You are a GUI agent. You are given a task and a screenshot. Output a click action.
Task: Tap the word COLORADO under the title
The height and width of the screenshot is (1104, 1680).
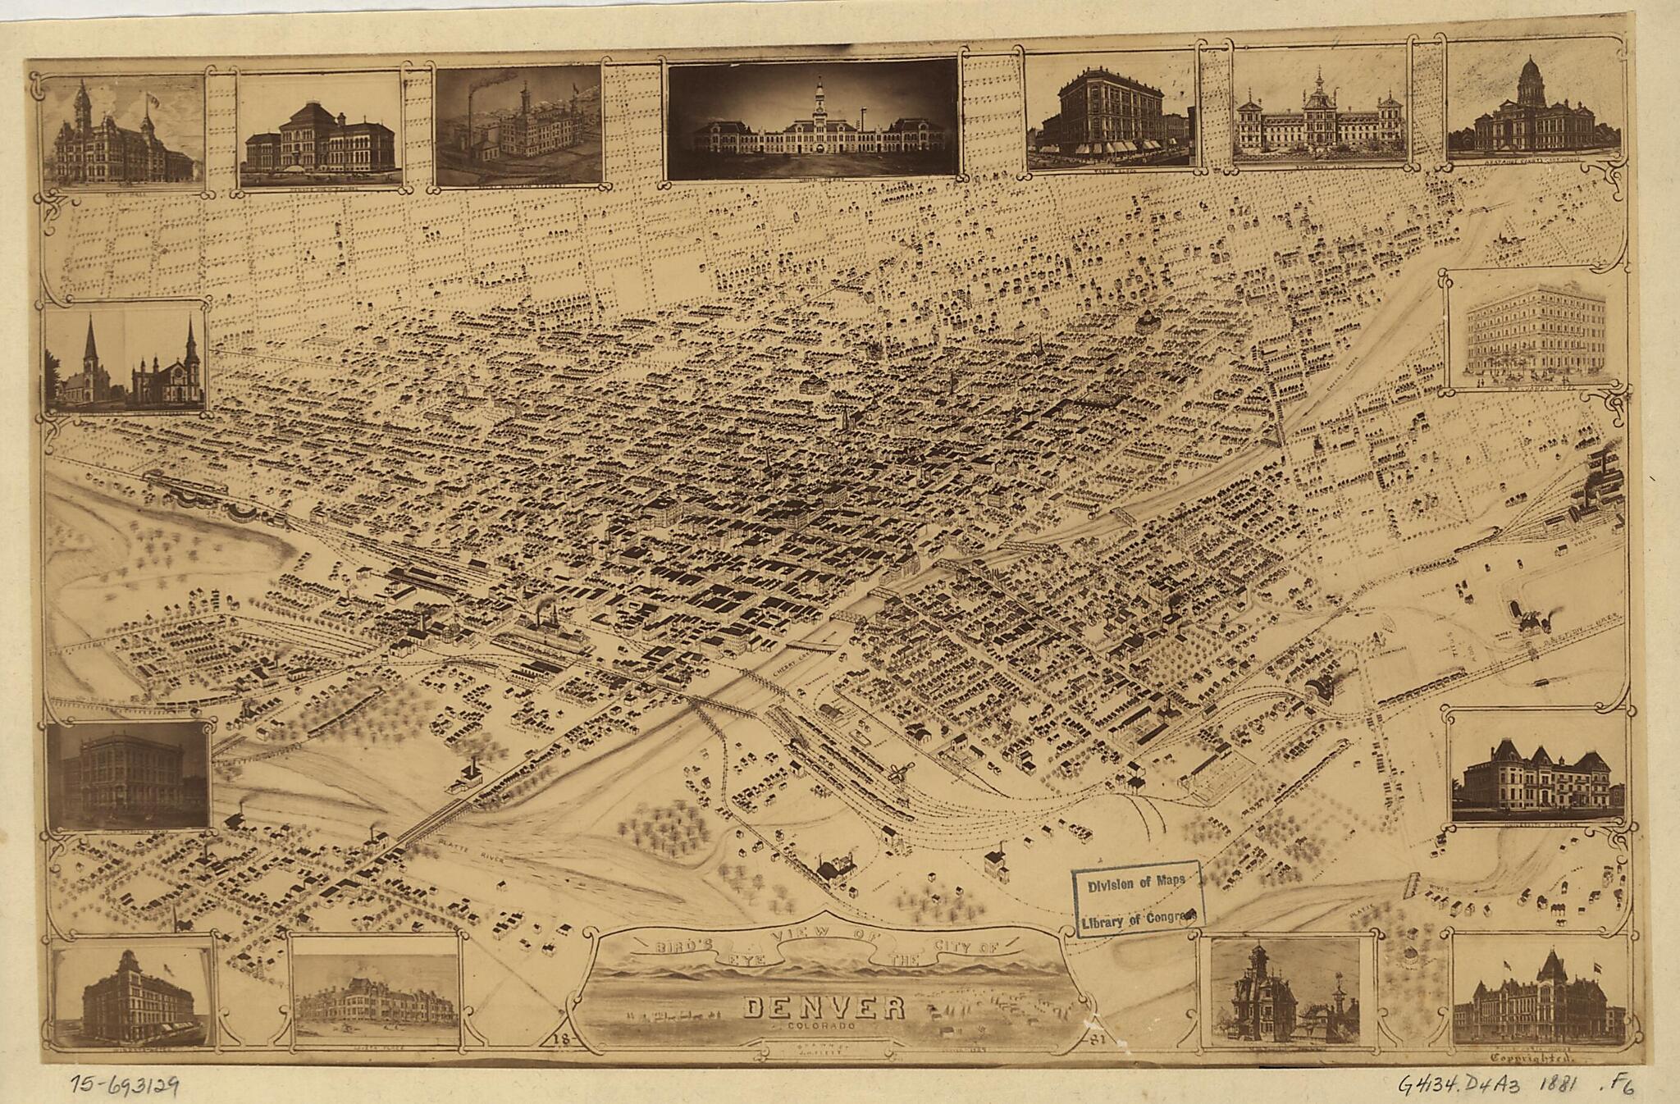[824, 1027]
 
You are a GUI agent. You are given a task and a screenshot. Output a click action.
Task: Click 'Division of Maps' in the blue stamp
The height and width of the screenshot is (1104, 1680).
[1135, 885]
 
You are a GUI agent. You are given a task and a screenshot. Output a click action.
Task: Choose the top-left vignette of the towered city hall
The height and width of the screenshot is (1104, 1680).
[121, 132]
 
